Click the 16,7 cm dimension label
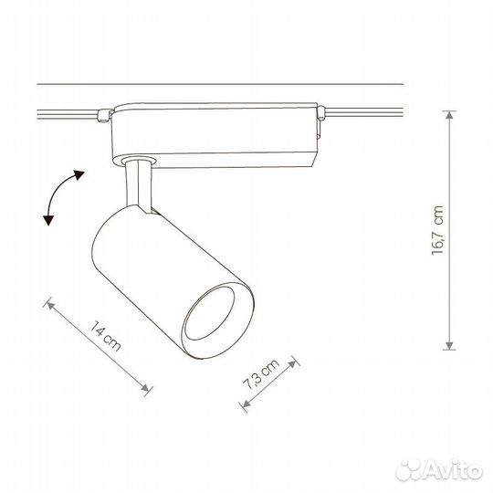(437, 230)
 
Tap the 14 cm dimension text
(105, 336)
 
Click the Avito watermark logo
(439, 471)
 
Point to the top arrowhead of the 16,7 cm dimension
(449, 115)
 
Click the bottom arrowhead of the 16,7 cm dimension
(449, 345)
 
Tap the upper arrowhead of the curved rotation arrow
(79, 174)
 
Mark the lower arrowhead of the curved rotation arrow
(48, 220)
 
